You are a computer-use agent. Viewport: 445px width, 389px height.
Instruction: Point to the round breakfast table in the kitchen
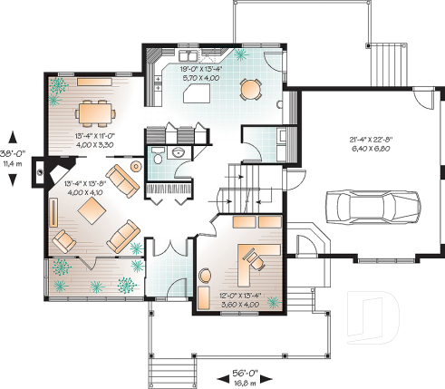pyautogui.click(x=249, y=88)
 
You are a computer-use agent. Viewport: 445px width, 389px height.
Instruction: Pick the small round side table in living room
pyautogui.click(x=136, y=167)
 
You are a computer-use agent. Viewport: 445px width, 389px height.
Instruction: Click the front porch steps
pyautogui.click(x=175, y=366)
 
